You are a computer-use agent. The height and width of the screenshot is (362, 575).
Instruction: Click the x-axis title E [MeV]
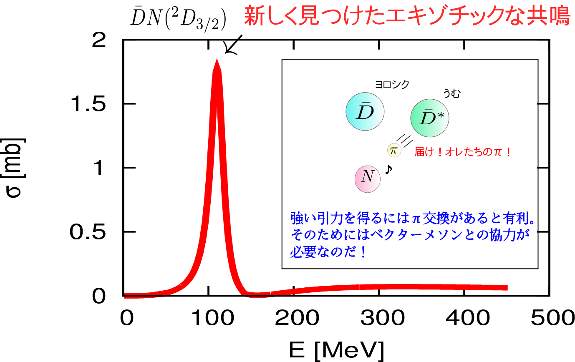coord(336,349)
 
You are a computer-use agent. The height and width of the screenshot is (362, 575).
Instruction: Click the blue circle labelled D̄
coord(365,111)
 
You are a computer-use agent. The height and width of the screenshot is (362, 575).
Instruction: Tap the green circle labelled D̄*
coord(430,118)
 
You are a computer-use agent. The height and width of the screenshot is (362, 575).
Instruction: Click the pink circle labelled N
coord(368,178)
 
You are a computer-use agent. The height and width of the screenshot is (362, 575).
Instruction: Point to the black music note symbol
coord(389,169)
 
